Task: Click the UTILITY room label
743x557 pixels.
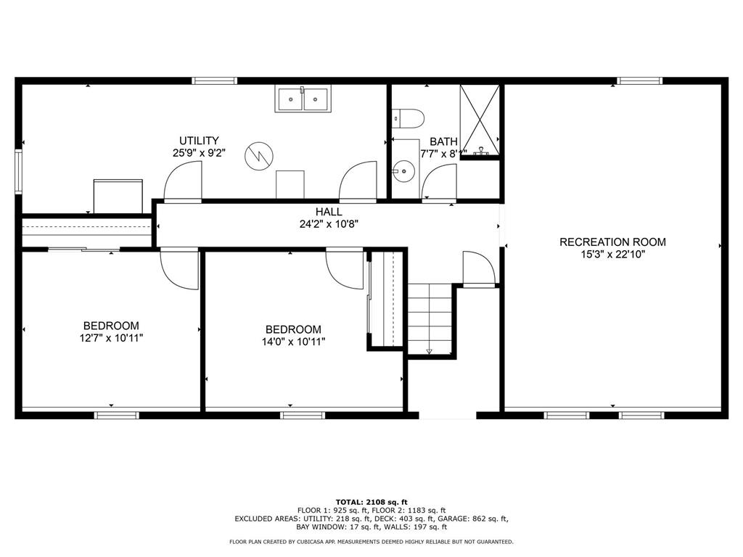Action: [200, 141]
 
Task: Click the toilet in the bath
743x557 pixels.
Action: [406, 118]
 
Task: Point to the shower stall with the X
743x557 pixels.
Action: [480, 120]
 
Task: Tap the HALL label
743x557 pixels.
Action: [329, 212]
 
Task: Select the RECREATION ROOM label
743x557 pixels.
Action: [612, 242]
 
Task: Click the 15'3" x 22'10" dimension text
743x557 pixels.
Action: [612, 255]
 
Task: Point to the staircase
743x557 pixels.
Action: [430, 318]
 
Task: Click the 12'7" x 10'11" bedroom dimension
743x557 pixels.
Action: [111, 338]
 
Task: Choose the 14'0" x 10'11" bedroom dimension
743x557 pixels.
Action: [293, 341]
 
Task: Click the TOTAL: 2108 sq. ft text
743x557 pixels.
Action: [371, 502]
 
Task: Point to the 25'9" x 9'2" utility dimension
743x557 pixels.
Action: [200, 153]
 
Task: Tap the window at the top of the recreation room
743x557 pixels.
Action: [639, 81]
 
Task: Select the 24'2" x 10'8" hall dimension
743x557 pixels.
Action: [329, 224]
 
